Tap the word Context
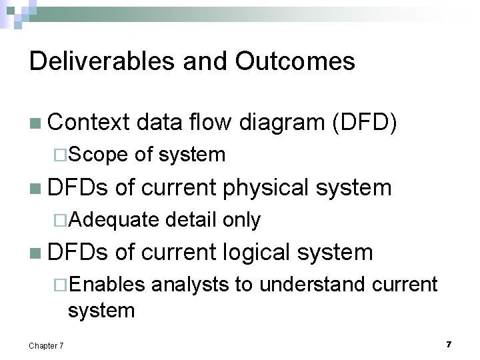(87, 123)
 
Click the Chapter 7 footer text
(47, 345)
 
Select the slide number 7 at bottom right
(449, 344)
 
